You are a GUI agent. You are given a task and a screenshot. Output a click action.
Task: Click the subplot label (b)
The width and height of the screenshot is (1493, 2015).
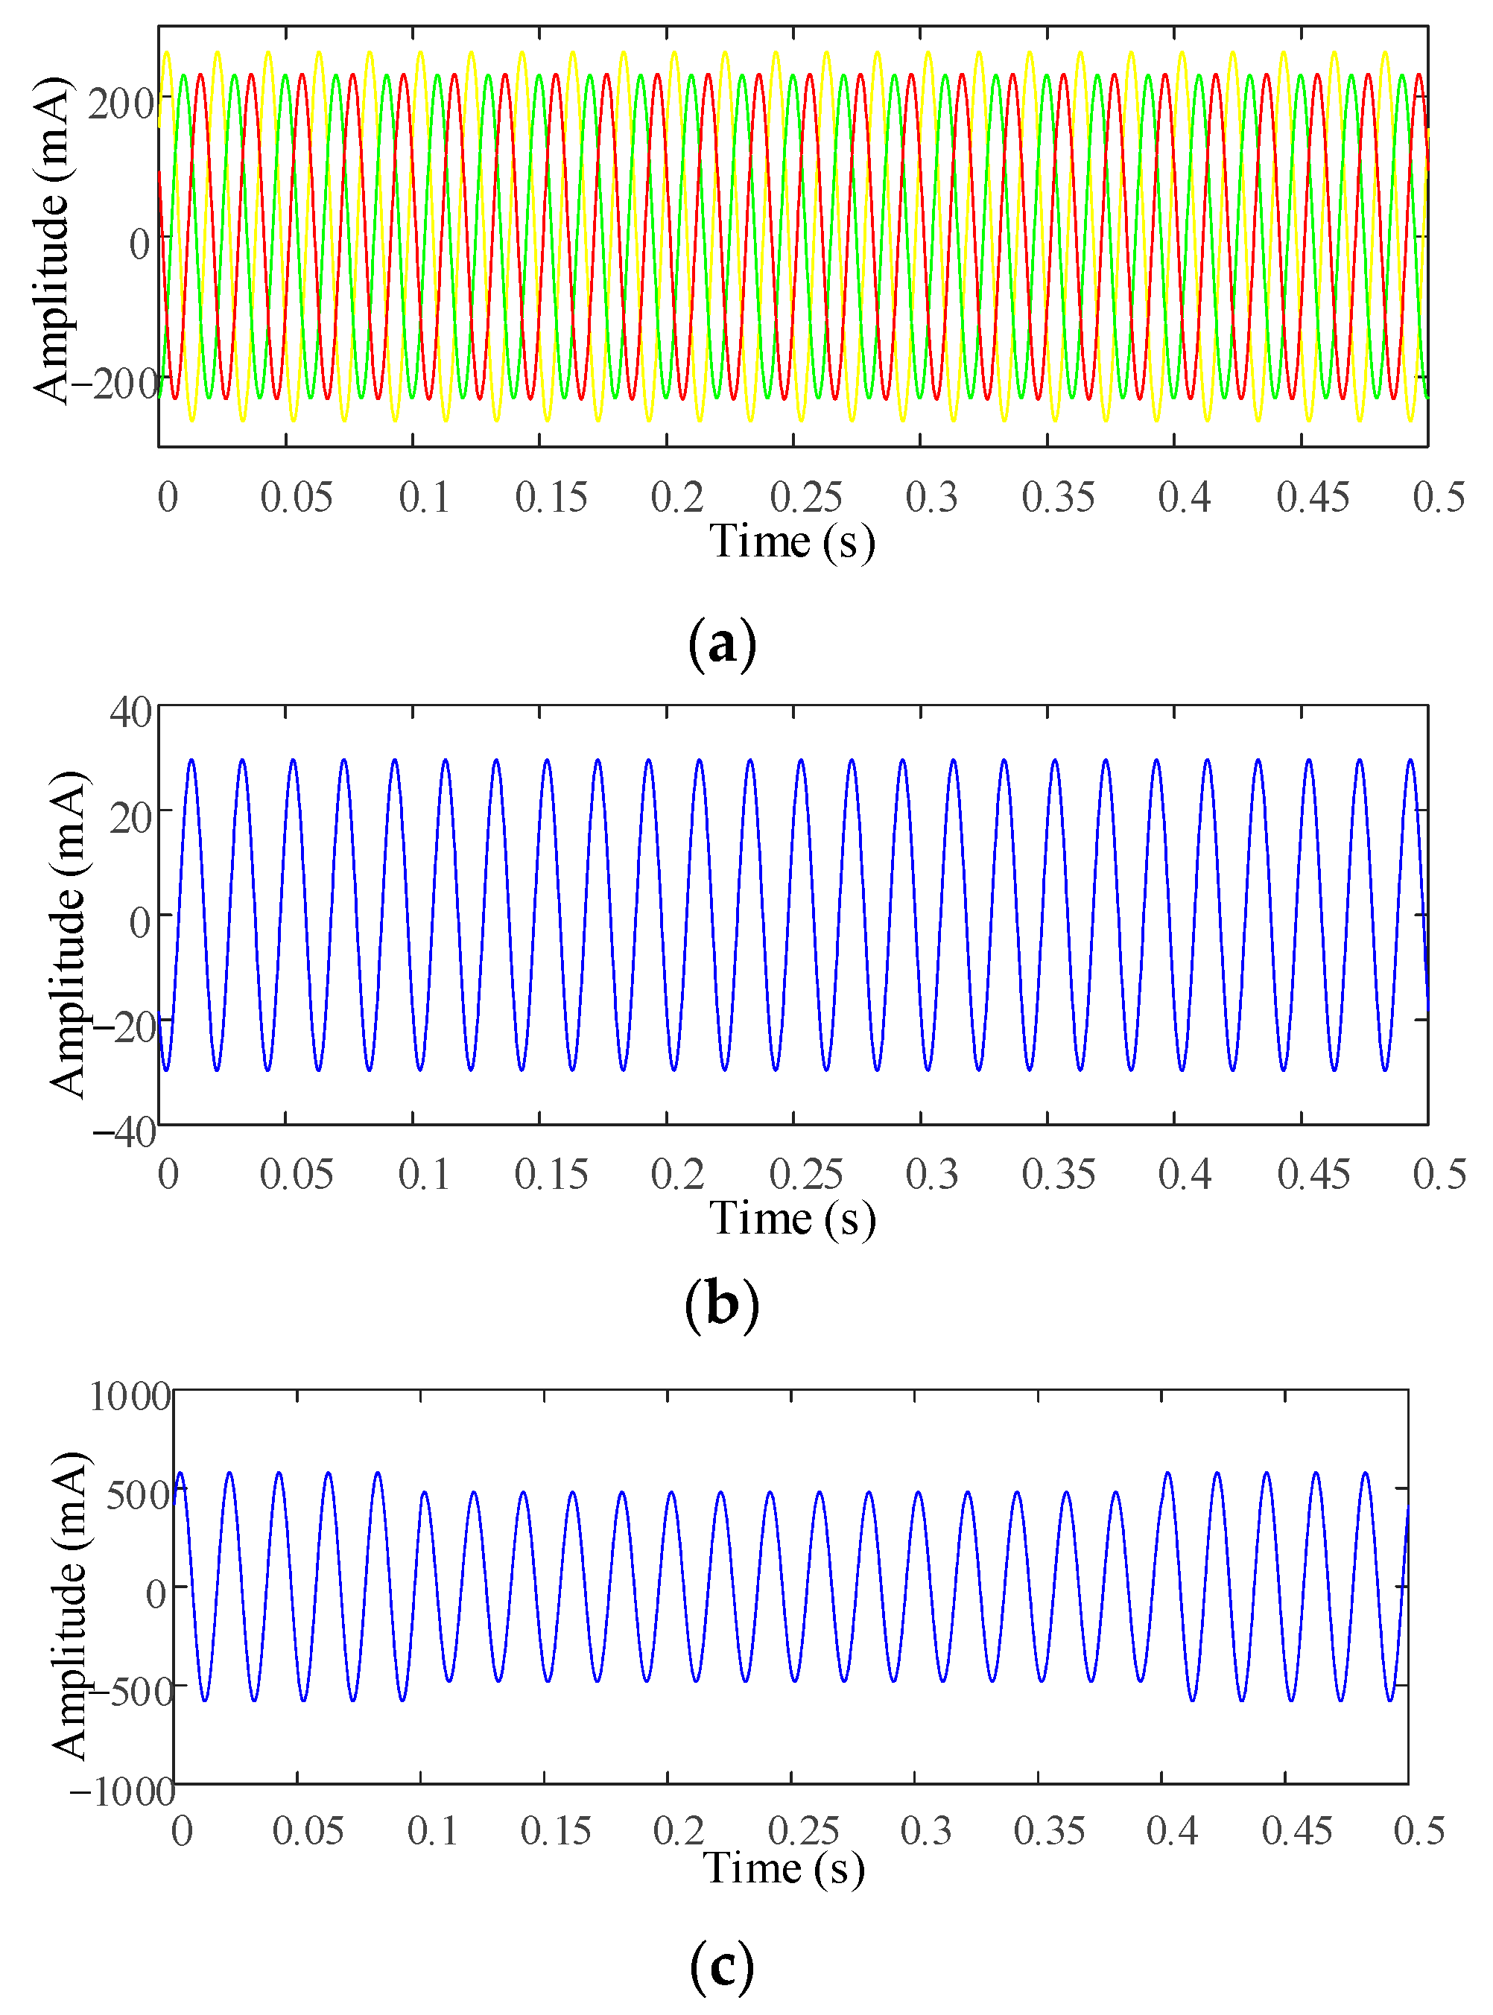[x=721, y=1306]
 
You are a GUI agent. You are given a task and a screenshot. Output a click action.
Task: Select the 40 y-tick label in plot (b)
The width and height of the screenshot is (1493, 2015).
[x=131, y=713]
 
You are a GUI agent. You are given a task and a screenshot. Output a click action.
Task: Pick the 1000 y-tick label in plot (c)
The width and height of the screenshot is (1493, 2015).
[x=129, y=1397]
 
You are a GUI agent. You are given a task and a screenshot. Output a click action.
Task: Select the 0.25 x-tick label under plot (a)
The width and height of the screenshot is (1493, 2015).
[x=805, y=497]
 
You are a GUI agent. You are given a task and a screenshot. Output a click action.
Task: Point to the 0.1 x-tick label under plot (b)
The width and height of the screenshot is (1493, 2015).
[x=424, y=1175]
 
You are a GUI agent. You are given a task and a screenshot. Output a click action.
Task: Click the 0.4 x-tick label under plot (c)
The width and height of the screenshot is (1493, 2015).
[x=1171, y=1832]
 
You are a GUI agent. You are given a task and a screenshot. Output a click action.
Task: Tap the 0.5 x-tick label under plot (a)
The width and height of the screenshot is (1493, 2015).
[x=1439, y=497]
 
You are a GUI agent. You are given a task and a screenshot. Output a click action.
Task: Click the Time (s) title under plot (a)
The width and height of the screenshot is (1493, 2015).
[x=792, y=542]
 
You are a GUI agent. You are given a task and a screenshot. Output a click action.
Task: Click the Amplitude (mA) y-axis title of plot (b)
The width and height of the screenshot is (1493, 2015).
[x=69, y=935]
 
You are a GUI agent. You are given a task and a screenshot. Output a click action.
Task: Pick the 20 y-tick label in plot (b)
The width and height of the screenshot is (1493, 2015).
[x=131, y=819]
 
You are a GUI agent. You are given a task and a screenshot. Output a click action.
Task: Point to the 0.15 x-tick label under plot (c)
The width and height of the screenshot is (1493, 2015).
[x=555, y=1832]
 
